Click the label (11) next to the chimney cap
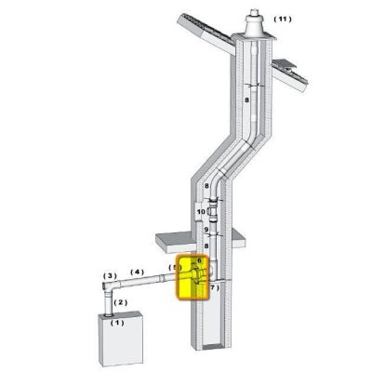[283, 20]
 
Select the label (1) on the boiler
[117, 323]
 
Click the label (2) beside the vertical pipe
[121, 302]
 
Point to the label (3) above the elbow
[110, 275]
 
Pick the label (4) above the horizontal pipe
[137, 272]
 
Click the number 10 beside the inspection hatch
[201, 212]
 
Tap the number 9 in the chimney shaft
[206, 230]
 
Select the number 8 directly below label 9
[206, 246]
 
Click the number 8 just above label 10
[206, 186]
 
